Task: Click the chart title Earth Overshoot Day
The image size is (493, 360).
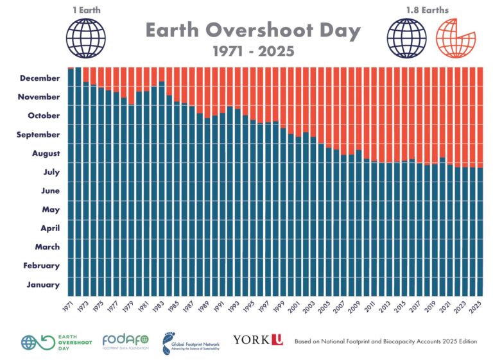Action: pos(252,30)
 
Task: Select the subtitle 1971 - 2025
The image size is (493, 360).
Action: pos(252,51)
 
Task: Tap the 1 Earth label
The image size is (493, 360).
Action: pos(86,10)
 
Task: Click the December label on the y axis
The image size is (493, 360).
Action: pos(40,78)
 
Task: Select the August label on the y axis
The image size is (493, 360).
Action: pos(46,153)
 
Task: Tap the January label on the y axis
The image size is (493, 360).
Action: pos(44,285)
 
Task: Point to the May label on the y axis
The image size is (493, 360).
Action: pos(51,210)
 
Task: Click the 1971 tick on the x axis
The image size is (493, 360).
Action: pos(69,306)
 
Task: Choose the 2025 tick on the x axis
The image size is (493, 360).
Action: pos(477,306)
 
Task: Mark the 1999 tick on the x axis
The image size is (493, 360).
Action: pos(281,306)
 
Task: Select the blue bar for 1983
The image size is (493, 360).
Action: pos(161,193)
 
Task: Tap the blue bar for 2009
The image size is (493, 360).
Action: pos(358,225)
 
